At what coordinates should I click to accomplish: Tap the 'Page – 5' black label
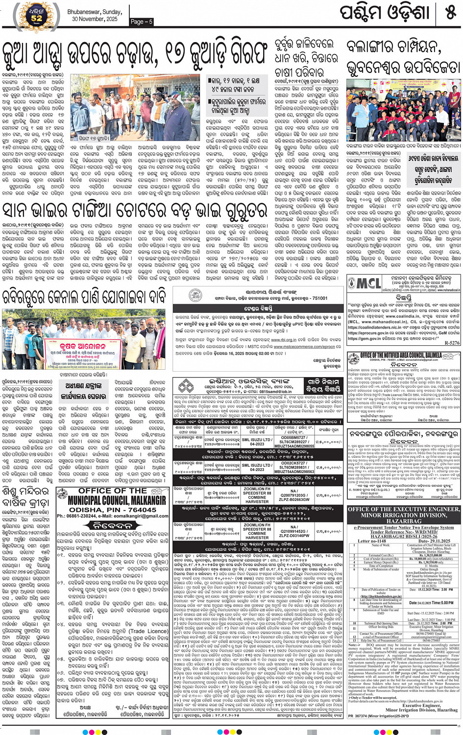coord(142,22)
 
